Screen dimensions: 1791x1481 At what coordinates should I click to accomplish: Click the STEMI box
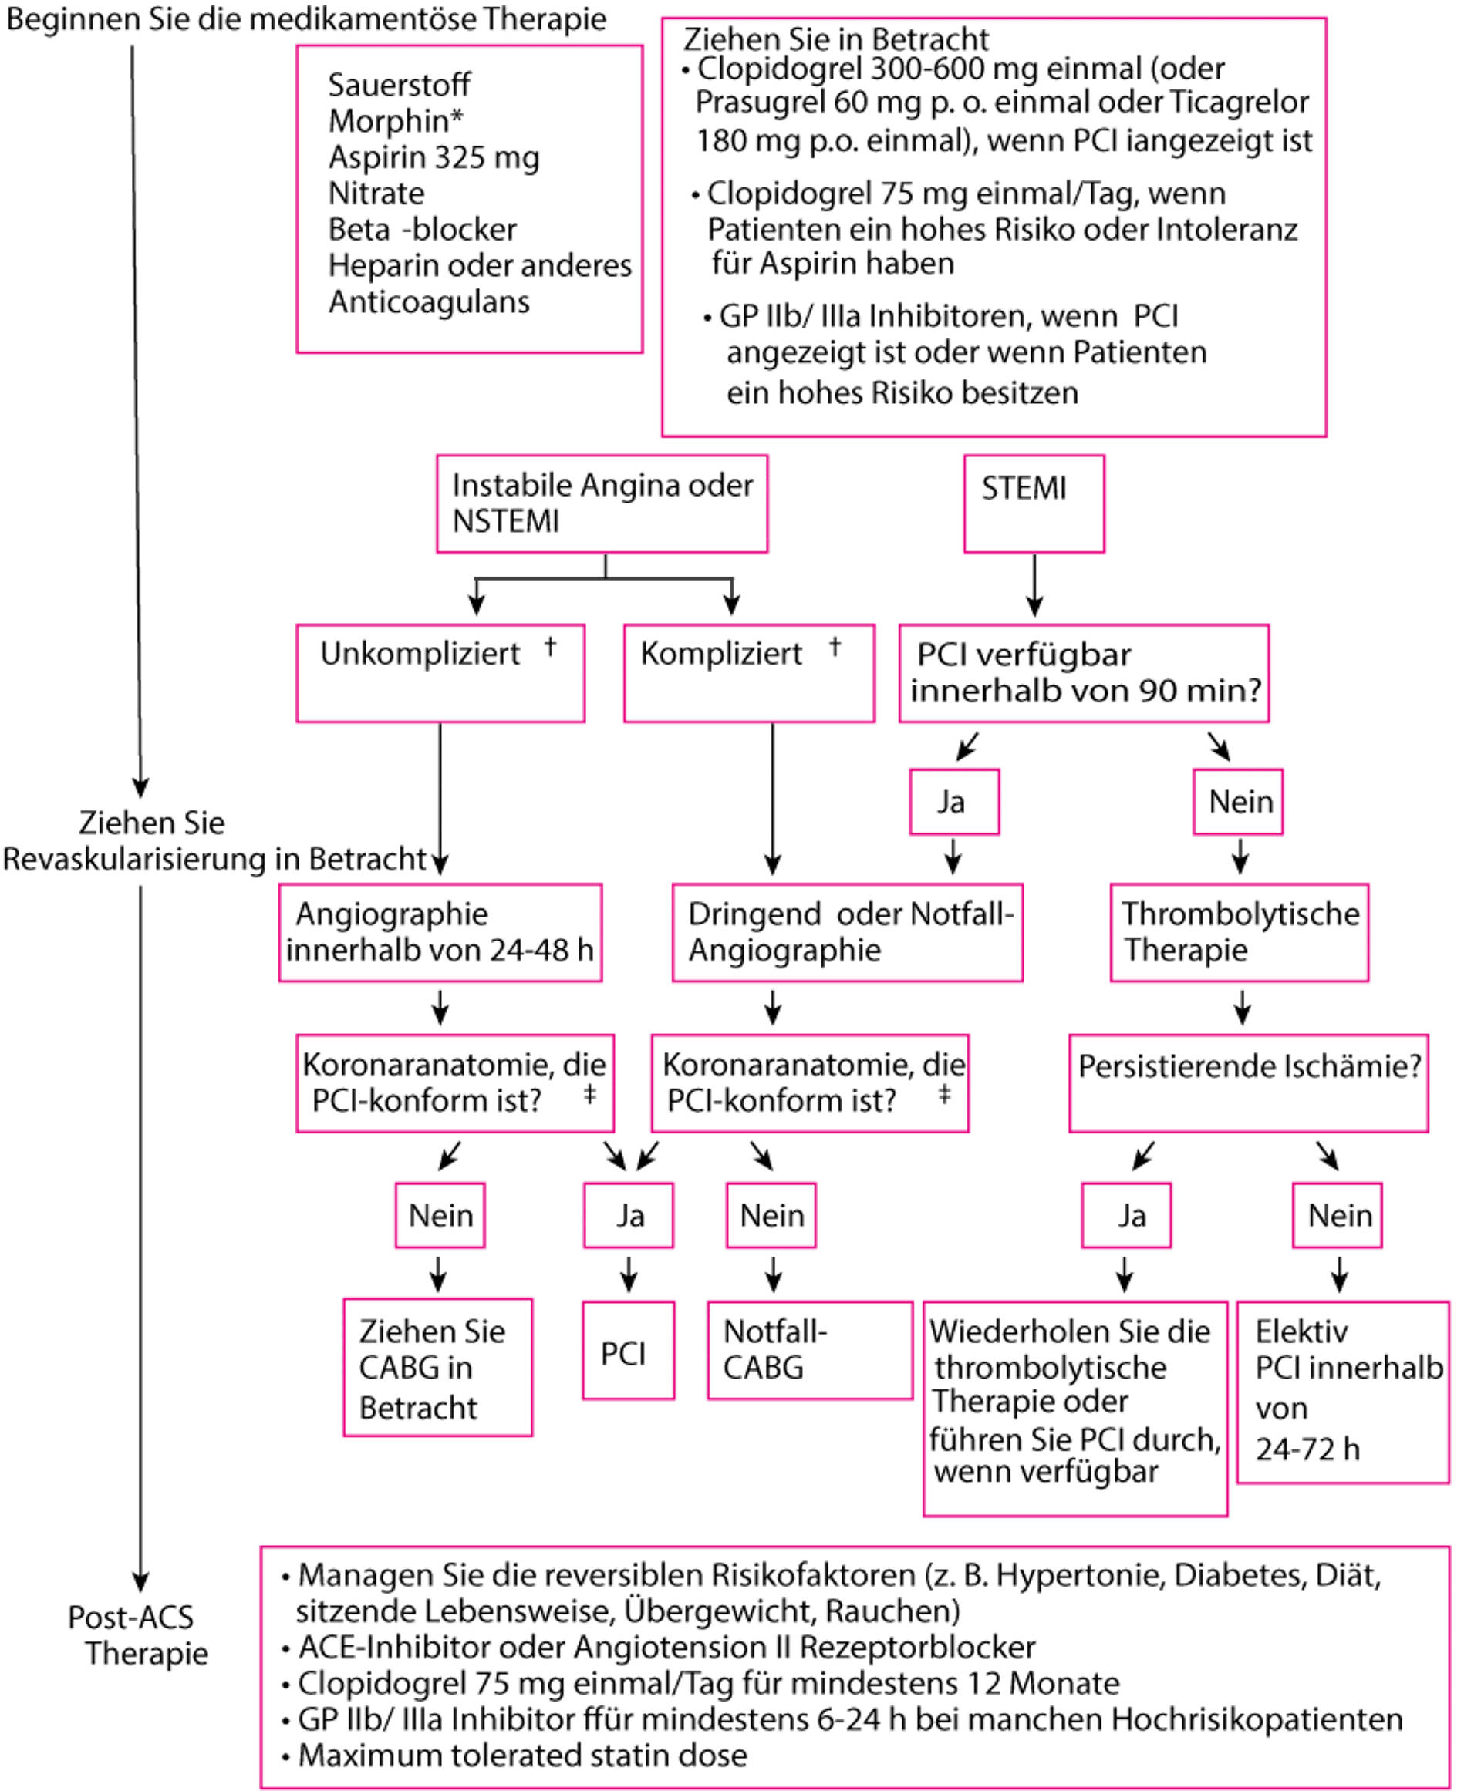1034,503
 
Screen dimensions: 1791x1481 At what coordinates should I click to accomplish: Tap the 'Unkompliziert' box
440,674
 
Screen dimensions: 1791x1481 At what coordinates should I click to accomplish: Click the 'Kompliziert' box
748,674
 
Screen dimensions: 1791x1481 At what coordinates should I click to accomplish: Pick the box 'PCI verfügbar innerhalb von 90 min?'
1085,674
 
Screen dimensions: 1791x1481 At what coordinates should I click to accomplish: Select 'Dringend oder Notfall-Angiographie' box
847,932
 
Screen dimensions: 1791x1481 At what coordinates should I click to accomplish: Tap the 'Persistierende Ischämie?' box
1248,1083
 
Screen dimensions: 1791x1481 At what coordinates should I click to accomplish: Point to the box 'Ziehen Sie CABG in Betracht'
437,1367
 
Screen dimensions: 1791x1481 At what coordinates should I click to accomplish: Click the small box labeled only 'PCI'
629,1350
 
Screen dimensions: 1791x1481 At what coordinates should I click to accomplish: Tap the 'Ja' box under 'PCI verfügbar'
953,802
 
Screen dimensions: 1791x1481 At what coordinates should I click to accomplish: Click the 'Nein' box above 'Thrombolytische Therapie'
1239,802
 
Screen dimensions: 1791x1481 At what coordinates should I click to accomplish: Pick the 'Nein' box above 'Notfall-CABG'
771,1215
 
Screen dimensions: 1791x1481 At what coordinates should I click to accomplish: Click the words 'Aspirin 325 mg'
434,158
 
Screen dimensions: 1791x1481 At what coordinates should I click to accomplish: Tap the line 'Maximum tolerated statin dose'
523,1756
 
